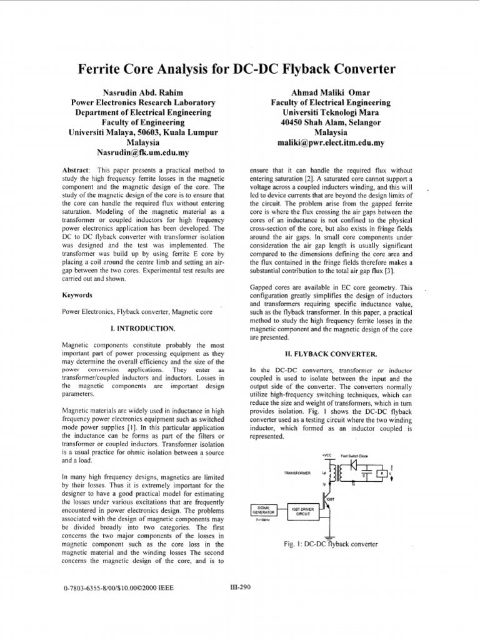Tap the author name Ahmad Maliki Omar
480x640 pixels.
click(330, 92)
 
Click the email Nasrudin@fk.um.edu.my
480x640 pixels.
click(143, 152)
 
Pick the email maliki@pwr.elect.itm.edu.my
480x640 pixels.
click(331, 142)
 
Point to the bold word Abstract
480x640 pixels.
click(77, 170)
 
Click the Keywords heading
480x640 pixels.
click(77, 294)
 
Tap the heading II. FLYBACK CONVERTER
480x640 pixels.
click(330, 353)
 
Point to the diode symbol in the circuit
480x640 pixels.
click(354, 465)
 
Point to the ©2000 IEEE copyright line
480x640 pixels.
click(119, 588)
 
